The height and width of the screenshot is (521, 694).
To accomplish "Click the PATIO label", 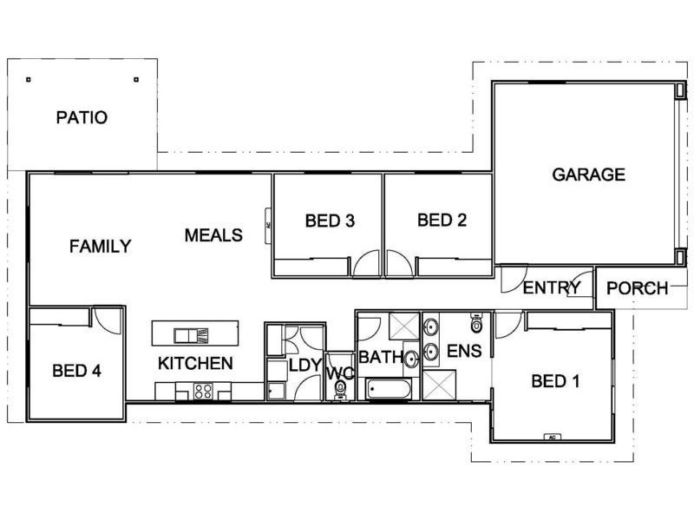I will pyautogui.click(x=82, y=117).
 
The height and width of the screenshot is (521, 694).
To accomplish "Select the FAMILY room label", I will pyautogui.click(x=100, y=247).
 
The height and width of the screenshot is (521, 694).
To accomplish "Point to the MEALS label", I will pyautogui.click(x=213, y=235).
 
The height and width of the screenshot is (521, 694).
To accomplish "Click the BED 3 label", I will pyautogui.click(x=330, y=221).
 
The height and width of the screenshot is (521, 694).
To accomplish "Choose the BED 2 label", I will pyautogui.click(x=442, y=221).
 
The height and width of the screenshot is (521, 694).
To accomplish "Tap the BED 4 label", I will pyautogui.click(x=76, y=372).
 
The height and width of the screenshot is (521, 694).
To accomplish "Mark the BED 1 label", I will pyautogui.click(x=555, y=380).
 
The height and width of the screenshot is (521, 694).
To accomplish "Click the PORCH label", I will pyautogui.click(x=637, y=288).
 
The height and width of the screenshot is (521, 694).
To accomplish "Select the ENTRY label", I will pyautogui.click(x=552, y=288).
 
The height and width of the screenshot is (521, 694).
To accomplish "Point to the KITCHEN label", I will pyautogui.click(x=195, y=363).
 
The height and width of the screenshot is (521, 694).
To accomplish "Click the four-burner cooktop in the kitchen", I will pyautogui.click(x=204, y=391).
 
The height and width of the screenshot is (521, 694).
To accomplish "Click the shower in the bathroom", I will pyautogui.click(x=404, y=328).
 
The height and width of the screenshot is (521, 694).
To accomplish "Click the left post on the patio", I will pyautogui.click(x=29, y=79).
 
